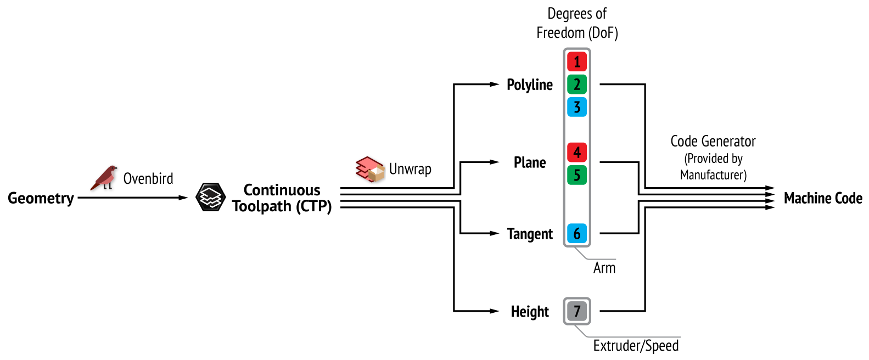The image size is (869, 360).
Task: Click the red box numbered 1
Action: click(577, 61)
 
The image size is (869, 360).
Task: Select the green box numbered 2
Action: click(577, 85)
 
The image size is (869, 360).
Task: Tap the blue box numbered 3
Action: click(577, 107)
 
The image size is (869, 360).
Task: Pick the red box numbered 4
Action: click(577, 152)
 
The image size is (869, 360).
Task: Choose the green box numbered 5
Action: click(577, 175)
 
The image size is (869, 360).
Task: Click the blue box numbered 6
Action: click(577, 234)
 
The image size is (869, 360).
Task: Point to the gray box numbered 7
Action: click(577, 312)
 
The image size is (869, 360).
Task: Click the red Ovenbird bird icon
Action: click(105, 178)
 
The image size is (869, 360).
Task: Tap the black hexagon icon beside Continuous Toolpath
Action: click(211, 198)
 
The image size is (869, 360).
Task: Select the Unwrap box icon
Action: click(370, 169)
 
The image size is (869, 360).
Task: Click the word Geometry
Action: click(41, 198)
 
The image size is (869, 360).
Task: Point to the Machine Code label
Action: click(823, 198)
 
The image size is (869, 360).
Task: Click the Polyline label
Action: click(530, 85)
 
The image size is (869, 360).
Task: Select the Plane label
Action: click(530, 163)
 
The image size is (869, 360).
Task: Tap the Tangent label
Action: click(530, 234)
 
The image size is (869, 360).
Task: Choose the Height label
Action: click(530, 312)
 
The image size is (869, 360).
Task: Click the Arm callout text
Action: click(604, 268)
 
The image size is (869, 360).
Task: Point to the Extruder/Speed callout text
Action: click(636, 346)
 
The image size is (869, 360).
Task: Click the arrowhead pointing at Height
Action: click(495, 311)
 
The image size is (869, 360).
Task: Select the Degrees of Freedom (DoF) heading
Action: click(577, 23)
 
